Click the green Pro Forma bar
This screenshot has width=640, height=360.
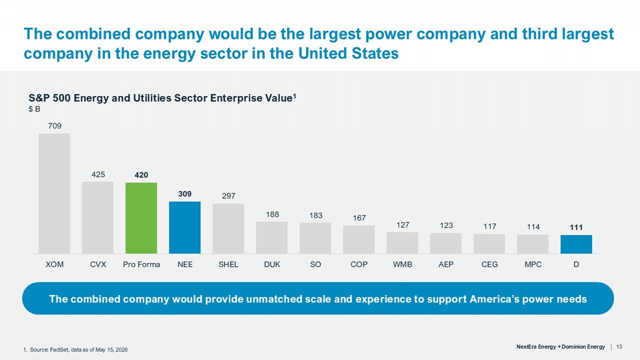141,218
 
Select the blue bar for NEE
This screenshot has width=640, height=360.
185,228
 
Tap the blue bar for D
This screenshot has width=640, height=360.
576,244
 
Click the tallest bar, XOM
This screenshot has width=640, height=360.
54,194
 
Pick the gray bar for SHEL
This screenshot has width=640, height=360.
228,229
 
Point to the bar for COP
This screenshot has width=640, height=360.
359,240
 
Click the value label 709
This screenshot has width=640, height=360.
55,126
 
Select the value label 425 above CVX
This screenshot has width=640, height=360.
98,174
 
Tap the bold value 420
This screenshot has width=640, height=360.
141,175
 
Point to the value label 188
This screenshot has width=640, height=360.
272,214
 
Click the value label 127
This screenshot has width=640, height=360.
403,225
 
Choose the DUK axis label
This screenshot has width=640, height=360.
272,264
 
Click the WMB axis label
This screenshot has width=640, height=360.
403,264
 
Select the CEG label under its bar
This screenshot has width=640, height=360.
490,264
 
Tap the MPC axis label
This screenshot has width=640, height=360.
533,264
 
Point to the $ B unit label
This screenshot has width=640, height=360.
34,109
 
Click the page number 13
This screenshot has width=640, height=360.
619,347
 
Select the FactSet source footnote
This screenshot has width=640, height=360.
75,350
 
